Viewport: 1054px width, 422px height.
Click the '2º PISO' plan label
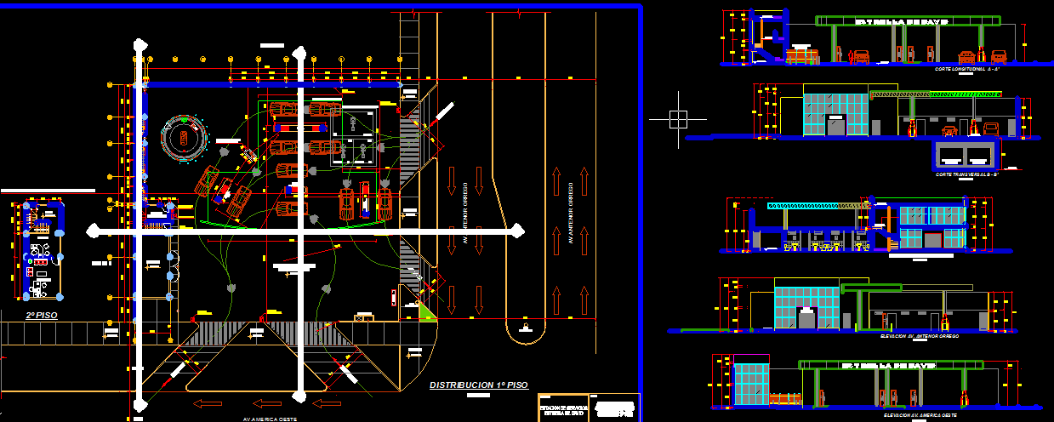coord(41,316)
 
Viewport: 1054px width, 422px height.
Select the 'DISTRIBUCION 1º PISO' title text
coord(478,385)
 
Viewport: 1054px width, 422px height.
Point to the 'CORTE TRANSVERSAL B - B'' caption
coord(966,174)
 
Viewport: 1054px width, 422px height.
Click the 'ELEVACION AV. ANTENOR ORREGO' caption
coord(920,337)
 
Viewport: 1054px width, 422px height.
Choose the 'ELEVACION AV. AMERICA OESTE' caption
coord(920,415)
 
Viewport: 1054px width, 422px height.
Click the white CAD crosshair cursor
coord(677,120)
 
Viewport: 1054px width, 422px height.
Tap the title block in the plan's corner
coord(588,407)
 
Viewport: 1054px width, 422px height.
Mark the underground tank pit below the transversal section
coord(966,155)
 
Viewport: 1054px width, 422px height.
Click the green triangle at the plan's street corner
coord(425,311)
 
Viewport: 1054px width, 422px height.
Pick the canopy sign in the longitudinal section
coord(899,21)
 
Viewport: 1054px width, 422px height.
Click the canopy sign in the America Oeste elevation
coord(890,365)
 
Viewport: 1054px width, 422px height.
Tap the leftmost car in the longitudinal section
coord(800,56)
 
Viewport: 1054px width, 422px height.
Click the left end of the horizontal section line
coord(94,230)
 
